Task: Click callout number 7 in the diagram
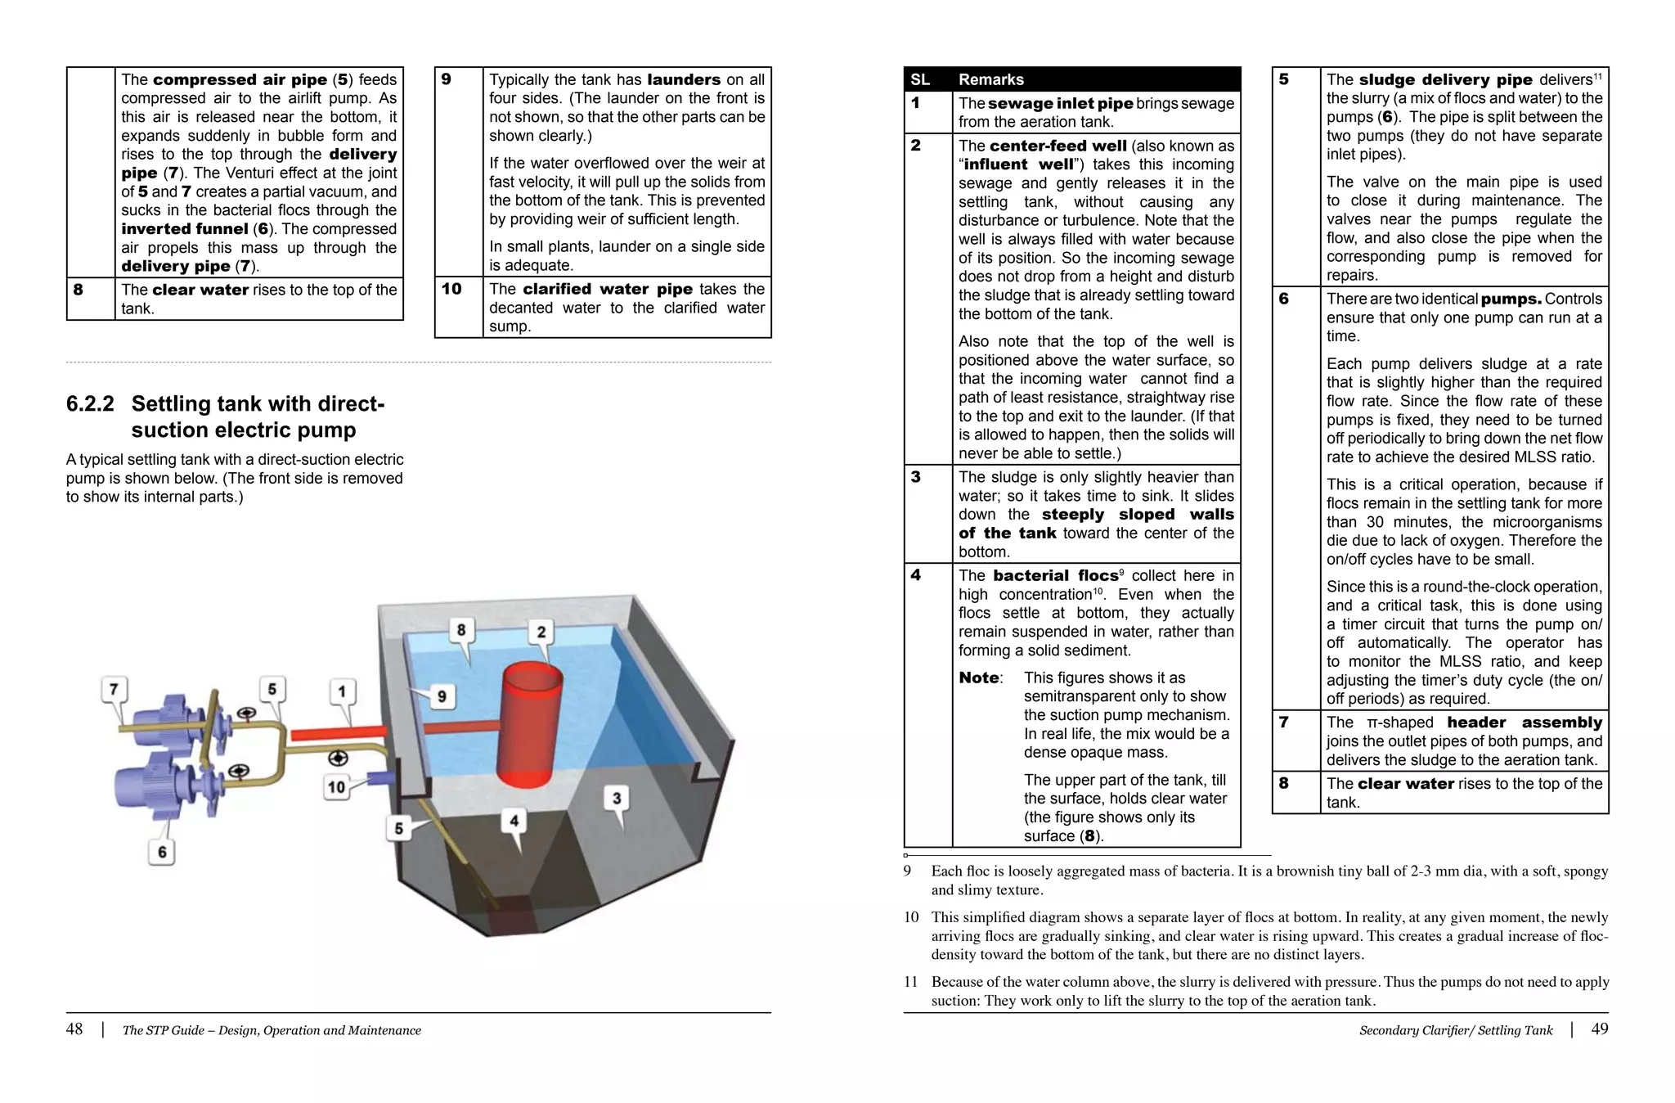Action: coord(114,689)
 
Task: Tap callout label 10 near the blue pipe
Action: coord(336,787)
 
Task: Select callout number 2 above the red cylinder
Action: coord(541,632)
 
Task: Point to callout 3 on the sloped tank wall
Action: coord(617,798)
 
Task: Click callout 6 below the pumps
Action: coord(162,852)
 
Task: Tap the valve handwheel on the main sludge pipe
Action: coord(338,758)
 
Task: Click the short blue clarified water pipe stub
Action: coord(379,777)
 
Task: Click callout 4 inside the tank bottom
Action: coord(514,820)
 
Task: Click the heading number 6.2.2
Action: coord(90,404)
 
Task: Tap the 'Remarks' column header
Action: coord(990,79)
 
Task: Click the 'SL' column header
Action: coord(920,79)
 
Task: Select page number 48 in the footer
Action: coord(74,1029)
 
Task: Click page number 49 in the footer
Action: coord(1599,1029)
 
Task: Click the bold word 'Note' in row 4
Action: coord(978,678)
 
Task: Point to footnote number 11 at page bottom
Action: coord(911,982)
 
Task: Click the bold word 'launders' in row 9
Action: coord(683,79)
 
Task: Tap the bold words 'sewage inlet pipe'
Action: coord(1060,103)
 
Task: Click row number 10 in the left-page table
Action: coord(451,289)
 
